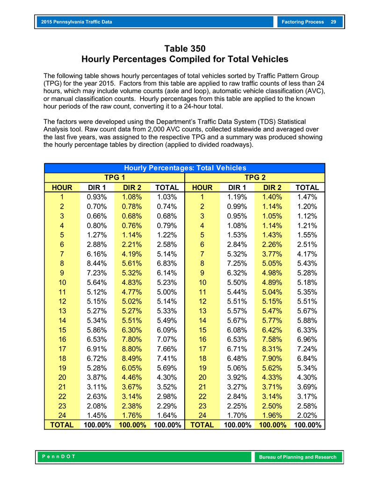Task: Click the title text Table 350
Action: pyautogui.click(x=185, y=49)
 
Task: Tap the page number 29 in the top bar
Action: pyautogui.click(x=333, y=22)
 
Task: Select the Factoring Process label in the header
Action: pyautogui.click(x=303, y=22)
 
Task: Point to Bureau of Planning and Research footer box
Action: pyautogui.click(x=297, y=457)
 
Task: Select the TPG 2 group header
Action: pyautogui.click(x=255, y=178)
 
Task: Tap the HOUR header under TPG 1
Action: pyautogui.click(x=62, y=188)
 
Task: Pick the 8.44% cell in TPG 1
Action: pyautogui.click(x=97, y=263)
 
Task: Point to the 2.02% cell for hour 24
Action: pyautogui.click(x=307, y=415)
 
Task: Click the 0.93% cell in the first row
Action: pyautogui.click(x=97, y=197)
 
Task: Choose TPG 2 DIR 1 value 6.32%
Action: pyautogui.click(x=237, y=273)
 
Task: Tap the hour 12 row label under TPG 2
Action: pyautogui.click(x=202, y=301)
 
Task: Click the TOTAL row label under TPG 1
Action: pyautogui.click(x=62, y=425)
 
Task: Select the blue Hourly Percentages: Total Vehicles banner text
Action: pyautogui.click(x=185, y=168)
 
